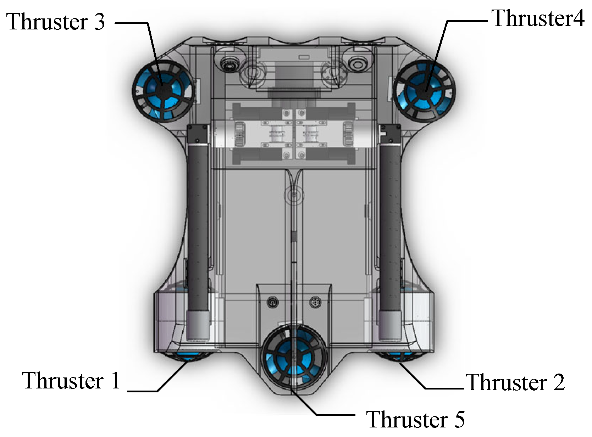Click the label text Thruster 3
[56, 22]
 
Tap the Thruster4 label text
[538, 18]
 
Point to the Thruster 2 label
[515, 382]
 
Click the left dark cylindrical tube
[198, 227]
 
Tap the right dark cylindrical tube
[390, 227]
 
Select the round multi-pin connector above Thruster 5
[315, 303]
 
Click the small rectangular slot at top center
[304, 57]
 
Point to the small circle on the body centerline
[293, 195]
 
